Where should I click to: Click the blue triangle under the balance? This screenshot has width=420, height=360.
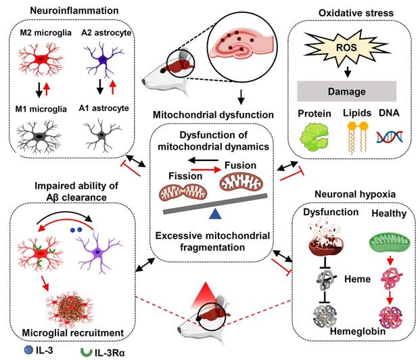[x=216, y=214]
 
